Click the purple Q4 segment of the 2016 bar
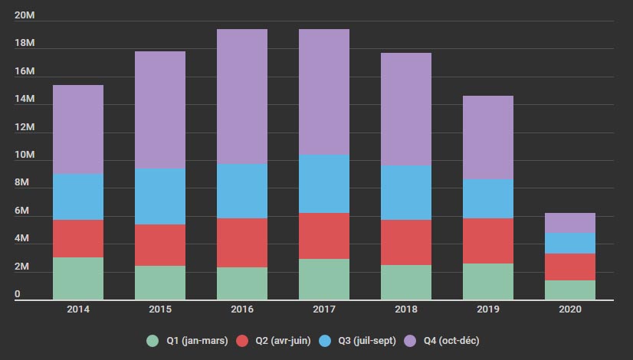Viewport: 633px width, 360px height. [242, 97]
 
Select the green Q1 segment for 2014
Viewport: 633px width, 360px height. [78, 278]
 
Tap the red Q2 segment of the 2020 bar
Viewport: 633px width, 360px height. [570, 267]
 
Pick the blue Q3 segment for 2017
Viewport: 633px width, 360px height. [324, 184]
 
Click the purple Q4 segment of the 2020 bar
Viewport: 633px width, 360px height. [570, 223]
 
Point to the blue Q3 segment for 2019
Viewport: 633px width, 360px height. [488, 198]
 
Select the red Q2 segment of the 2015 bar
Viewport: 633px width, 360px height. [160, 245]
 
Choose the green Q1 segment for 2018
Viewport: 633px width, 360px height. [406, 282]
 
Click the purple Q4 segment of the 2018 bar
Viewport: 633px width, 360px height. [406, 109]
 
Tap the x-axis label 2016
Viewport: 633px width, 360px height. [242, 309]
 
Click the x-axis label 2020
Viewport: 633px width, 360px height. [570, 309]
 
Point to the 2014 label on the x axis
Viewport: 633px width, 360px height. [78, 309]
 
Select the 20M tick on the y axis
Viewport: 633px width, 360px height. [25, 16]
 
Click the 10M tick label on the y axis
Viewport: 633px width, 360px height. [25, 155]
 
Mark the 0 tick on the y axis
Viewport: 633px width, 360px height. [18, 295]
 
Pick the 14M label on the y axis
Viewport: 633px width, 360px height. [25, 100]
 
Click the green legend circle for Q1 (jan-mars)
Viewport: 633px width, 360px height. [153, 340]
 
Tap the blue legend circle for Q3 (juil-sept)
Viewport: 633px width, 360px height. [325, 340]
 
